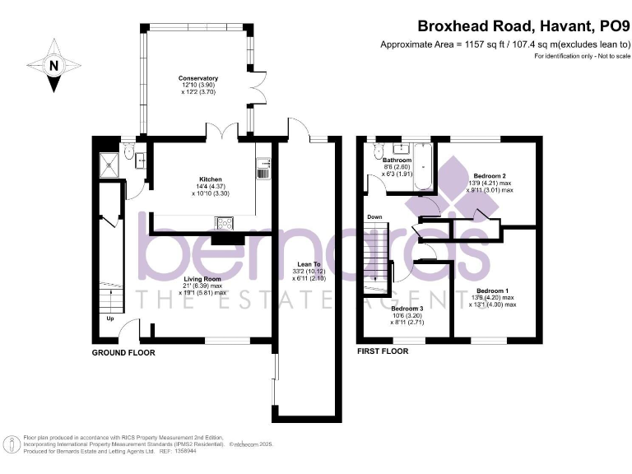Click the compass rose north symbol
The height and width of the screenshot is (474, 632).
(53, 66)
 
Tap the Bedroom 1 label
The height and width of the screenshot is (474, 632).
(492, 291)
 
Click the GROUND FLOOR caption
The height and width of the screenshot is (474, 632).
(123, 352)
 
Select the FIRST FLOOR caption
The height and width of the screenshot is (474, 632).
(383, 351)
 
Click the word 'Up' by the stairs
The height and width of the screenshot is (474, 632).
(109, 318)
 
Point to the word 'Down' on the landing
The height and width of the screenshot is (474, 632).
(374, 217)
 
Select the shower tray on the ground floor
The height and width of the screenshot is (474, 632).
(108, 160)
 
